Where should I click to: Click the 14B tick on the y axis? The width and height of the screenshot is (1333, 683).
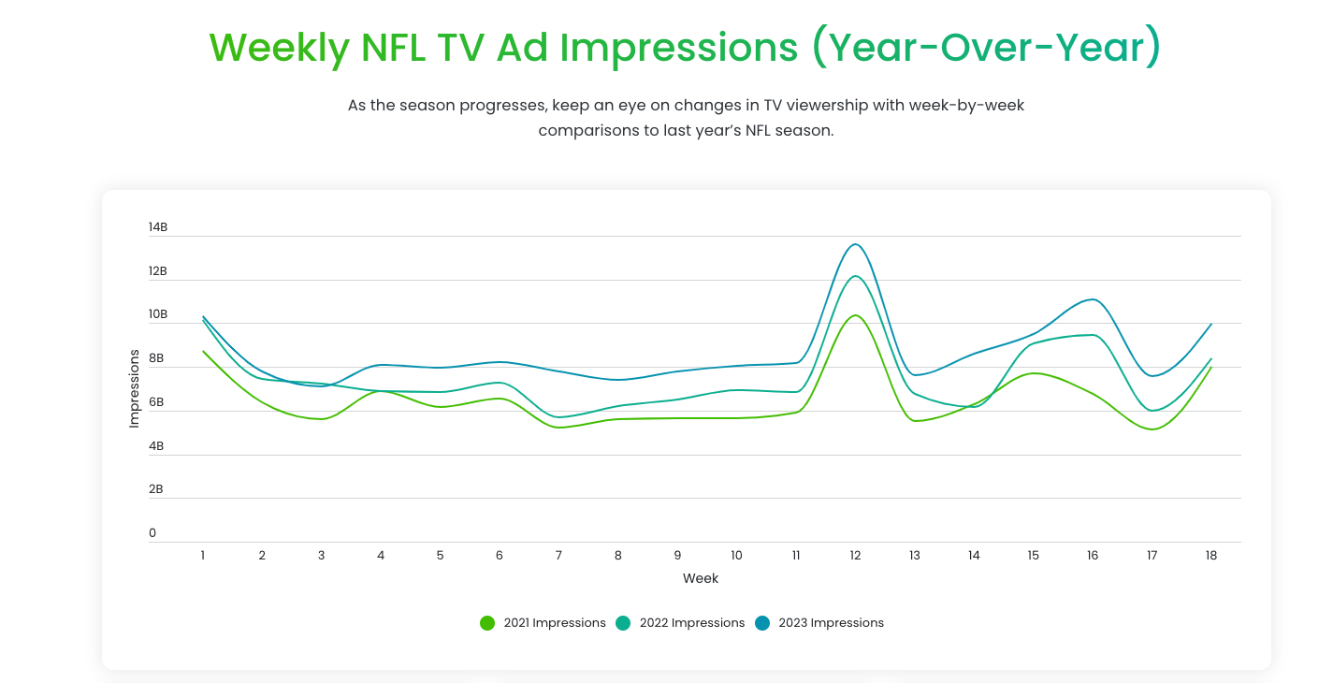tap(157, 227)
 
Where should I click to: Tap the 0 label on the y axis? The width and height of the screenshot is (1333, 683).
tap(152, 533)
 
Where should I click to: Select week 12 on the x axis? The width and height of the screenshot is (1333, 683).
tap(855, 556)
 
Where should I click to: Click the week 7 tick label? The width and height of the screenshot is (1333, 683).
tap(558, 556)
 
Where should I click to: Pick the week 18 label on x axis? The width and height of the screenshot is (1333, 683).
tap(1211, 556)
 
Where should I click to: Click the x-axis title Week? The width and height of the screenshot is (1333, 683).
tap(701, 578)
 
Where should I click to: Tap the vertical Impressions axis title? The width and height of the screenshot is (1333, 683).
tap(134, 389)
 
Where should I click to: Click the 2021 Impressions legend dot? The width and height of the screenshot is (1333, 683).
tap(487, 623)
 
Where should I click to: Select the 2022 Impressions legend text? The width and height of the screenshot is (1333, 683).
tap(691, 623)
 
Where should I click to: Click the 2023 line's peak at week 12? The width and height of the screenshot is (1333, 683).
tap(855, 244)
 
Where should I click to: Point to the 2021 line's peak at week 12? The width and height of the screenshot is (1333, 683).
tap(855, 315)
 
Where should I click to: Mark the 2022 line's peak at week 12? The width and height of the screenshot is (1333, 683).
tap(855, 276)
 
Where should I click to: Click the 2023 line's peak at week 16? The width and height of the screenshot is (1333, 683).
tap(1093, 299)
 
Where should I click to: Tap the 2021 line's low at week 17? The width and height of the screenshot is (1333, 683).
tap(1152, 429)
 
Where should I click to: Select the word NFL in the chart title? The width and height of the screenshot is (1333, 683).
tap(392, 47)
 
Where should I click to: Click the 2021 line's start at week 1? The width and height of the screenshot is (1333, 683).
tap(203, 351)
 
